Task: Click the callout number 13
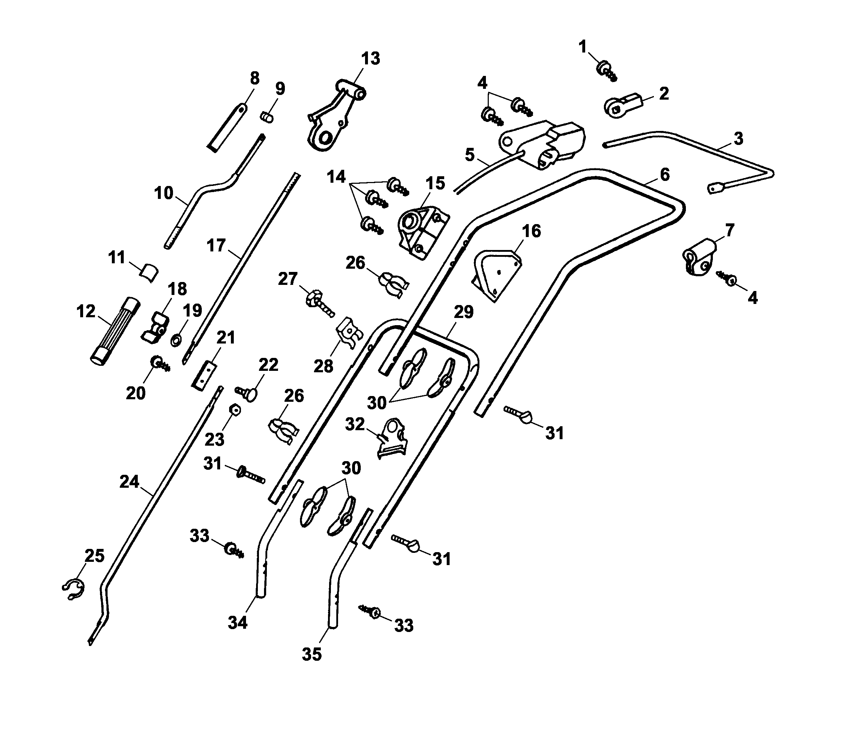tap(371, 59)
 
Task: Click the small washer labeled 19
tap(176, 340)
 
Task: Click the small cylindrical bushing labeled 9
tap(267, 117)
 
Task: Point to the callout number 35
tap(312, 654)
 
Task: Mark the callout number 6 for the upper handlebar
tap(665, 174)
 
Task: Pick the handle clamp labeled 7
tap(698, 258)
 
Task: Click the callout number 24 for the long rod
tap(129, 482)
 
